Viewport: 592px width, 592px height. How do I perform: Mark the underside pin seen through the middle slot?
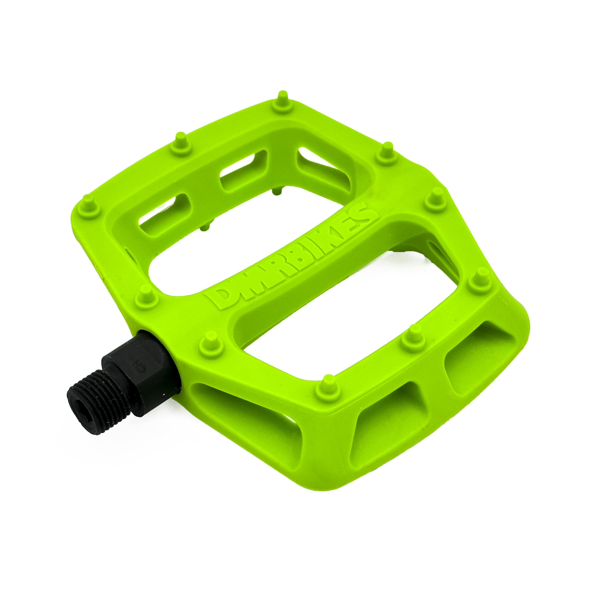pos(277,191)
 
